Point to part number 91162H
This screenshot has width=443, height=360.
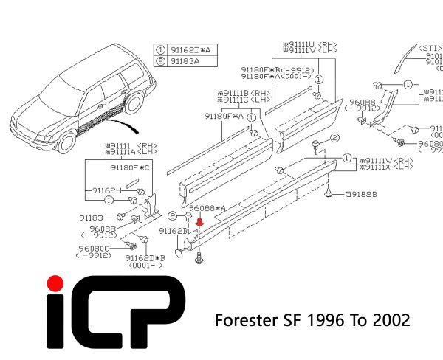coord(107,190)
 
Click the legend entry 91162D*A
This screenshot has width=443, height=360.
coord(191,49)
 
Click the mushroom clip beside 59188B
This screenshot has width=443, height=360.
coord(328,194)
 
